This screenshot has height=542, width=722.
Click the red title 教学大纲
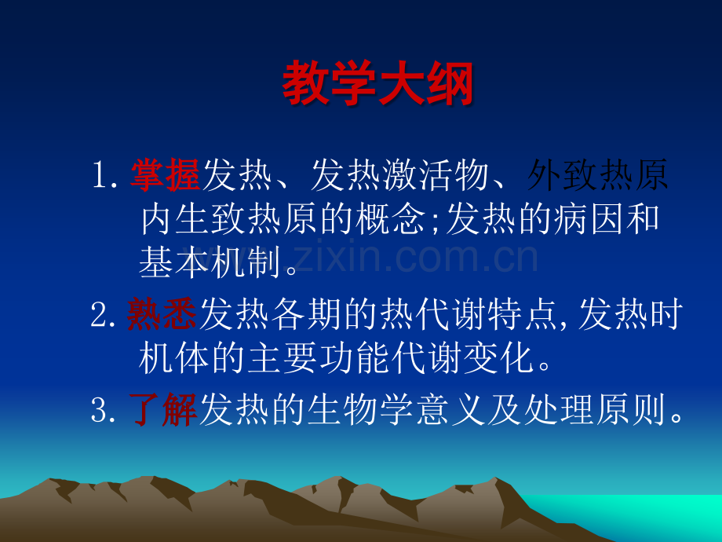coord(377,83)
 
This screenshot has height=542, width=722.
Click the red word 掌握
coord(166,175)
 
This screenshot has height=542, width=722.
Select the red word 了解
coord(163,408)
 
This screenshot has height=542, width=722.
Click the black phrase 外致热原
coord(597,175)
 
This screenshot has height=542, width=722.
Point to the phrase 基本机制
coord(210,262)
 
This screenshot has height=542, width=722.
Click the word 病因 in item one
coord(589,218)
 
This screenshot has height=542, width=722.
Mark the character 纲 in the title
coord(450,83)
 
